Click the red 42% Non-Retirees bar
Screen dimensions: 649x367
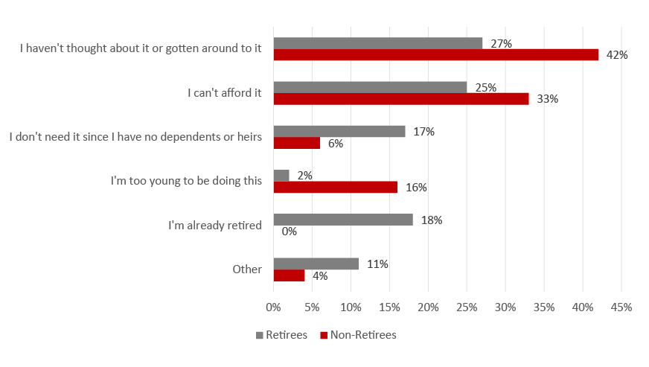tap(436, 54)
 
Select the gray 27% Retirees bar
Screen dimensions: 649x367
tap(378, 43)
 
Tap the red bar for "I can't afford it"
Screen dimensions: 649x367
tap(401, 99)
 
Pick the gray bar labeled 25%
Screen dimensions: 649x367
tap(370, 87)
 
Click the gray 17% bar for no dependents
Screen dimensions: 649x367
tap(339, 131)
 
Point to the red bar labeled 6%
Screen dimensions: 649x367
tap(297, 143)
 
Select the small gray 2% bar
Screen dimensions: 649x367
tap(281, 176)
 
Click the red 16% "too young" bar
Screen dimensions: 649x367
tap(335, 188)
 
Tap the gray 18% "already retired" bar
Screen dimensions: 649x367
tap(343, 220)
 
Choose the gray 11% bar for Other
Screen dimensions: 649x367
tap(316, 264)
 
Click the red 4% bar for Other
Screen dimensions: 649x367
tap(289, 275)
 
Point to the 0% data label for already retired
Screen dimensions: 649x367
tap(290, 232)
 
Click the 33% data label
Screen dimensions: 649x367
tap(548, 99)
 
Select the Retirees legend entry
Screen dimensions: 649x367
tap(282, 335)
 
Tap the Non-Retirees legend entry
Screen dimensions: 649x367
tap(359, 335)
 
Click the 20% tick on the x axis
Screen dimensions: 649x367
tap(428, 307)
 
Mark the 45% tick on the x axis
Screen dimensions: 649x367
tap(621, 307)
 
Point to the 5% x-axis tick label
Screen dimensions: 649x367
tap(312, 307)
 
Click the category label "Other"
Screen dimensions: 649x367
tap(247, 269)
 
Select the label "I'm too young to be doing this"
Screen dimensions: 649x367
tap(186, 181)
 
